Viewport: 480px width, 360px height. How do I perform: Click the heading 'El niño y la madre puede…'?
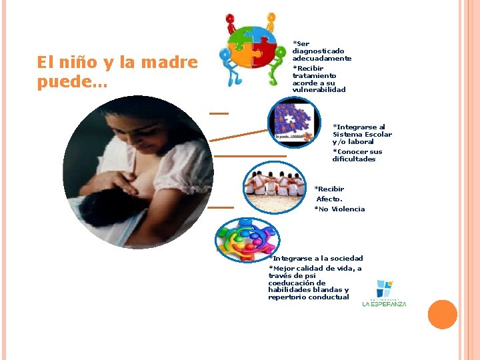click(x=117, y=72)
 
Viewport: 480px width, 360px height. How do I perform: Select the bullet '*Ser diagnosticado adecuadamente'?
click(x=321, y=51)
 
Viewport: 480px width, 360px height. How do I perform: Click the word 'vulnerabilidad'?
click(x=319, y=89)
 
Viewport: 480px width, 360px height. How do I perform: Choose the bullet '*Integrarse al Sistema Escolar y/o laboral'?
click(x=362, y=134)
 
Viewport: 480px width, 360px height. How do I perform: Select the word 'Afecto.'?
click(x=329, y=199)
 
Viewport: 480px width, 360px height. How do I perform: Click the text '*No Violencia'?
click(x=339, y=209)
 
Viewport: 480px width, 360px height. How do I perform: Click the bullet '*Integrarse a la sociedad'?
click(x=315, y=258)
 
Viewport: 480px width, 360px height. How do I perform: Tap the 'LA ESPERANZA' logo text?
click(x=384, y=304)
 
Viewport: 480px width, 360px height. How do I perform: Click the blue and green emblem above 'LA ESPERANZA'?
click(x=384, y=288)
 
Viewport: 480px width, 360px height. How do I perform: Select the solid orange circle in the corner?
click(x=442, y=315)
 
